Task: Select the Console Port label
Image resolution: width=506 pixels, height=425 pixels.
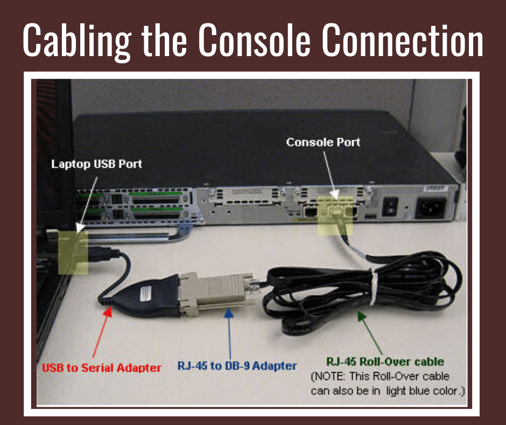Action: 323,142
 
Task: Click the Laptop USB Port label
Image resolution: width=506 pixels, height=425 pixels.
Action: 96,163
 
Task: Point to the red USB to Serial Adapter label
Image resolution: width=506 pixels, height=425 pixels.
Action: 102,368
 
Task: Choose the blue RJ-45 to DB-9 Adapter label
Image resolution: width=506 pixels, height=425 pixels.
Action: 237,366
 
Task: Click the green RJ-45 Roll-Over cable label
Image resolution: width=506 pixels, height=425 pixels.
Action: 385,361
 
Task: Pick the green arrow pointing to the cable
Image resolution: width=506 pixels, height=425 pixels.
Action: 372,332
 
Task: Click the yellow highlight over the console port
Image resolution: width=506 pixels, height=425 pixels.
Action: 335,215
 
